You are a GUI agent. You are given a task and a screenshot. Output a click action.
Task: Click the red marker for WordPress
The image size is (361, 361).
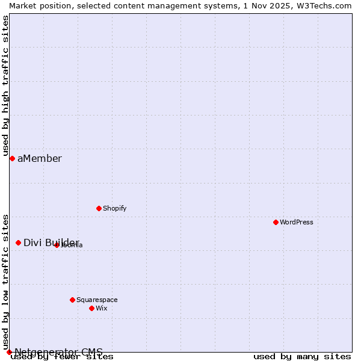point(276,222)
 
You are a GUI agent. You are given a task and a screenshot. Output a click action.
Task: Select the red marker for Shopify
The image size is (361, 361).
point(99,208)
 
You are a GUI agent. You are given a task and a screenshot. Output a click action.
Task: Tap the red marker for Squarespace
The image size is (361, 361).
point(72,300)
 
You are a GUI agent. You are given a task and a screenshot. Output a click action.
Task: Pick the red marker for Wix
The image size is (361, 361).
point(91,308)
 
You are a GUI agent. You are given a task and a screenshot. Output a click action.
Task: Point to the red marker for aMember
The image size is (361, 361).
point(12,158)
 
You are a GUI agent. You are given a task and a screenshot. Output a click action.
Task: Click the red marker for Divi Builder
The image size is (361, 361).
point(18,242)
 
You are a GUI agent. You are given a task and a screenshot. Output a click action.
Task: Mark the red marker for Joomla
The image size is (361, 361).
point(57,245)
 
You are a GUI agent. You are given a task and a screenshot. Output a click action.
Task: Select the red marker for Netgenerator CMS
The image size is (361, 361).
point(9,352)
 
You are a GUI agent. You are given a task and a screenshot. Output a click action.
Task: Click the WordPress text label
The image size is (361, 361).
point(297,222)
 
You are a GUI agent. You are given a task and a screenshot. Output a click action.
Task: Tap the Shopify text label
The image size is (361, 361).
point(114,208)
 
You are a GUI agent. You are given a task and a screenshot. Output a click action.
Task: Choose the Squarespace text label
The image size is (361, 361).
point(97,300)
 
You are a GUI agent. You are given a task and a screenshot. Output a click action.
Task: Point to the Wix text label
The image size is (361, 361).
point(101,308)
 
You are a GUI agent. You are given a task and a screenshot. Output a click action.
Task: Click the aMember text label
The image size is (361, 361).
point(39,158)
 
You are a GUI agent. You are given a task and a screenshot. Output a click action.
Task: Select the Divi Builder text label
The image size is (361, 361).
point(51,242)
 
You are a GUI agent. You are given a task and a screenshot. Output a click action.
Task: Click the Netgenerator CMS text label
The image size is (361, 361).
point(58,352)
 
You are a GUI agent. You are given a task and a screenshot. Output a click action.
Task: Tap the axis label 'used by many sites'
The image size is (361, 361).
point(302,357)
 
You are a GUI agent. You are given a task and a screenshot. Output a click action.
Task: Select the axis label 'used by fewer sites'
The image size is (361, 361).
point(62,357)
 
